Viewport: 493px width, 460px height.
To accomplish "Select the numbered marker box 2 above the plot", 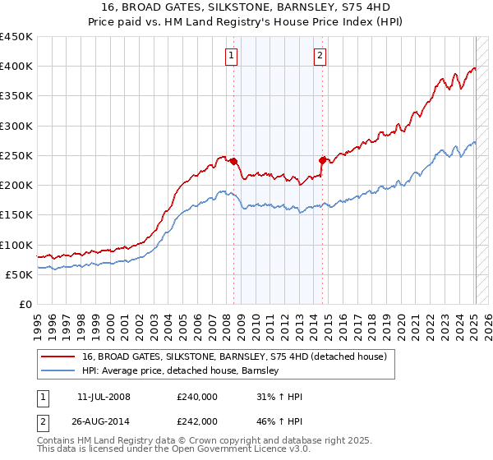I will click(319, 56).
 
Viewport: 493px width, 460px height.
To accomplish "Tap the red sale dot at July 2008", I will click(233, 161).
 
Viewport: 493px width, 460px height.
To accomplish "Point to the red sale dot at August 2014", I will click(322, 159).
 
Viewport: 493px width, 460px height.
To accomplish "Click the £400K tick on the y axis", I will click(16, 67).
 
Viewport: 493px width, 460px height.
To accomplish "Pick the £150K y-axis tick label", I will click(16, 215).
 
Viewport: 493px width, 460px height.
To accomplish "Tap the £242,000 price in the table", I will click(197, 421).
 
